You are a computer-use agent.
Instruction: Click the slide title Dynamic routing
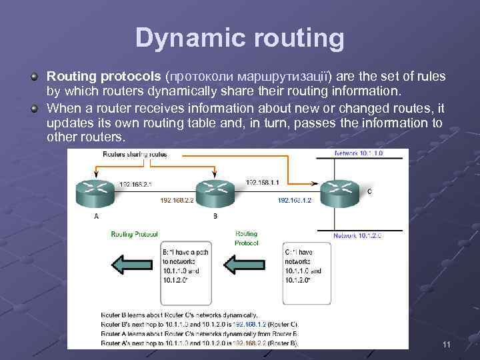(x=240, y=38)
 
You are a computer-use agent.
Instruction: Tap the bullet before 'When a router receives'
(x=34, y=107)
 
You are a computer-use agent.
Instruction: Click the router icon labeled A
(x=97, y=193)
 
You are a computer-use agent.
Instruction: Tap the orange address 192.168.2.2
(x=177, y=199)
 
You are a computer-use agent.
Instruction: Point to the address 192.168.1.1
(x=263, y=181)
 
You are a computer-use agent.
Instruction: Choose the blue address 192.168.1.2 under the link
(x=294, y=199)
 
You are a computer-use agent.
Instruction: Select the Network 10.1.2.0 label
(x=359, y=235)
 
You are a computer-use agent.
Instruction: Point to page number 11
(x=447, y=344)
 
